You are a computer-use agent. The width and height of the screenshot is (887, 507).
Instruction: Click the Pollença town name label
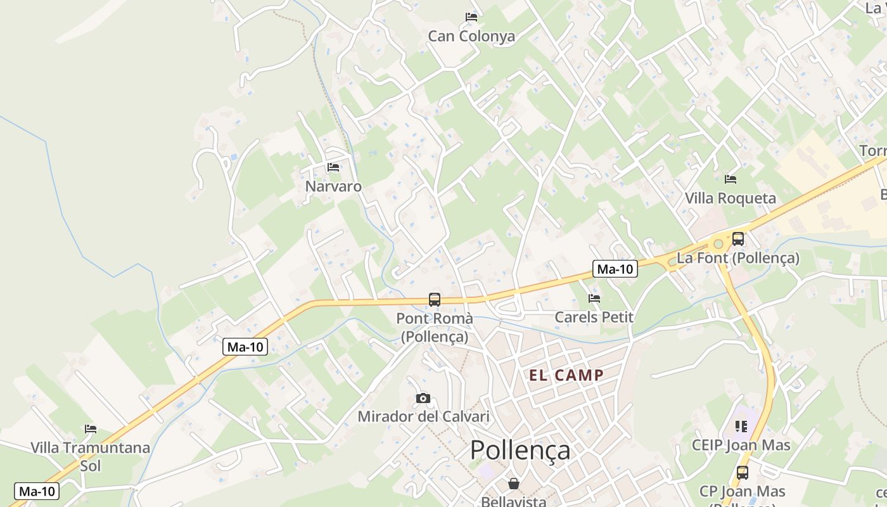[x=520, y=450]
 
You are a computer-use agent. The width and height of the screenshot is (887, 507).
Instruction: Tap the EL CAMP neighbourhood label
[x=566, y=375]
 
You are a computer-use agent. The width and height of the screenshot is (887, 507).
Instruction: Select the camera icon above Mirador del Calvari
[x=423, y=399]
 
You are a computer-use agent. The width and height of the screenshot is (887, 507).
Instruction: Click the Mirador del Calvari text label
[x=423, y=416]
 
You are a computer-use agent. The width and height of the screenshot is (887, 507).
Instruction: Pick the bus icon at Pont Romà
[x=435, y=300]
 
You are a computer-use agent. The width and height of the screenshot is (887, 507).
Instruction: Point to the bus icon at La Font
[x=738, y=239]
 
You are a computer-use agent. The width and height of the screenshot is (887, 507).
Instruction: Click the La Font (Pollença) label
[x=738, y=258]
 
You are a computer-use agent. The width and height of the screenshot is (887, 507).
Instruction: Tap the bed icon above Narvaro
[x=333, y=167]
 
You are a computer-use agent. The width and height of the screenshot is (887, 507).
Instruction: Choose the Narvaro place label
[x=333, y=186]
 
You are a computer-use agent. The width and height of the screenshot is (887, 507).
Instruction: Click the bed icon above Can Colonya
[x=471, y=17]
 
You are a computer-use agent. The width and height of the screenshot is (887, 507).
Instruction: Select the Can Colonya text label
[x=471, y=36]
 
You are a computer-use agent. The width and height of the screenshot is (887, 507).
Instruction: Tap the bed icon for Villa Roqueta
[x=731, y=179]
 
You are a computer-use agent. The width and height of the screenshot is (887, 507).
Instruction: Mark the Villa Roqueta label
[x=731, y=198]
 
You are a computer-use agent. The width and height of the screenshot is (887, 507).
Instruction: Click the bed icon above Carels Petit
[x=594, y=298]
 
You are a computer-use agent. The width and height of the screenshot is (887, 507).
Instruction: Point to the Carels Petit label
[x=594, y=317]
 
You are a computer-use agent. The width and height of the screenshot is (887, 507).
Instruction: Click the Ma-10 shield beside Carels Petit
[x=615, y=269]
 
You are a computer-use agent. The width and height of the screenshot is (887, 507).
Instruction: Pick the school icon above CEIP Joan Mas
[x=741, y=427]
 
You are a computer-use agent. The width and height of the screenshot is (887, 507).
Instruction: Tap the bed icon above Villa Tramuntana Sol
[x=91, y=429]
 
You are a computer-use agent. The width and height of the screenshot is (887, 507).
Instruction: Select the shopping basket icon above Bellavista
[x=514, y=484]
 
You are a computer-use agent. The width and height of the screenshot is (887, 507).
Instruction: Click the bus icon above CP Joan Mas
[x=742, y=472]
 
